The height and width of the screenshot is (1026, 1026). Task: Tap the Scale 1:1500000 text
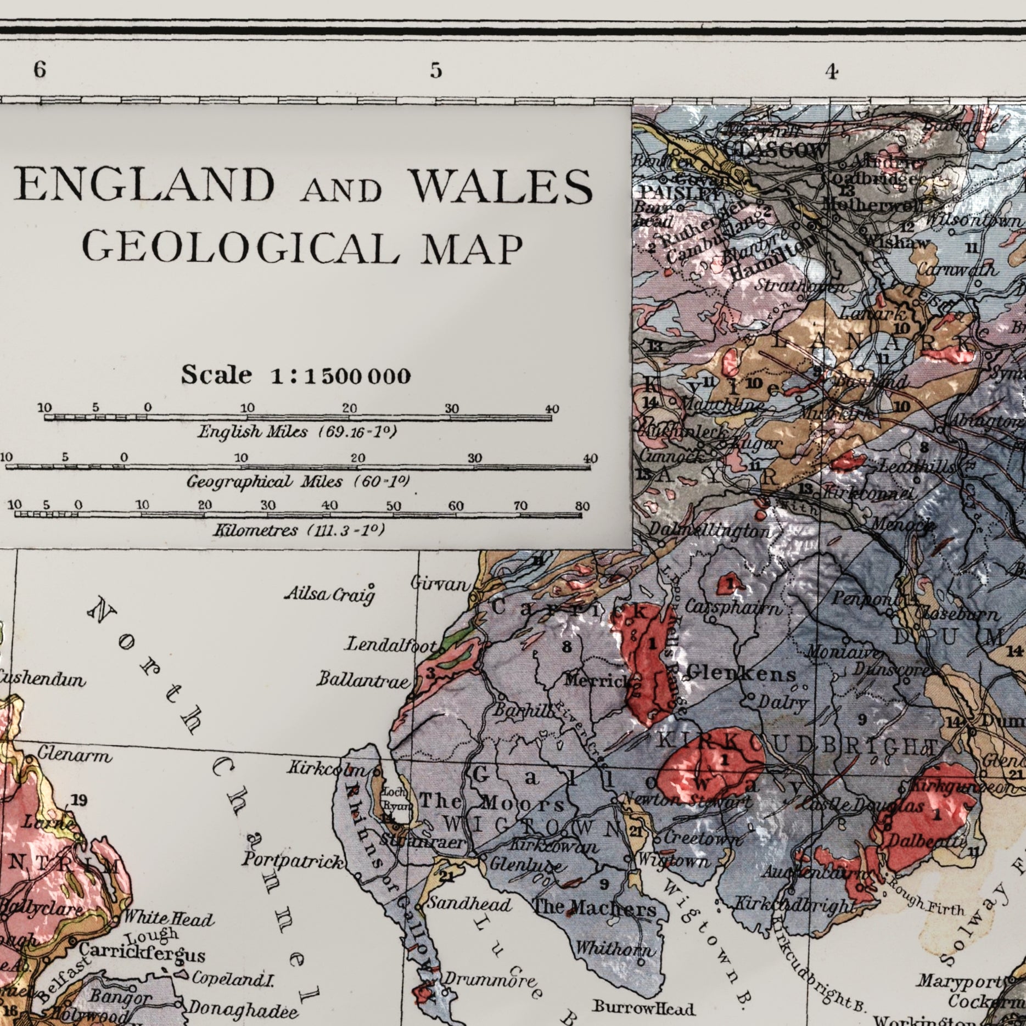[296, 375]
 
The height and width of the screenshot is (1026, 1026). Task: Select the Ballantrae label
[363, 681]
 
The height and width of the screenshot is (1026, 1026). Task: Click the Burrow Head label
[643, 1008]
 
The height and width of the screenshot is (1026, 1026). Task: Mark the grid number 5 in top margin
[435, 71]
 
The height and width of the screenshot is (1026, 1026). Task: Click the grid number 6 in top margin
[39, 70]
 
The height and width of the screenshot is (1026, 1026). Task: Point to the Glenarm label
[74, 756]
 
